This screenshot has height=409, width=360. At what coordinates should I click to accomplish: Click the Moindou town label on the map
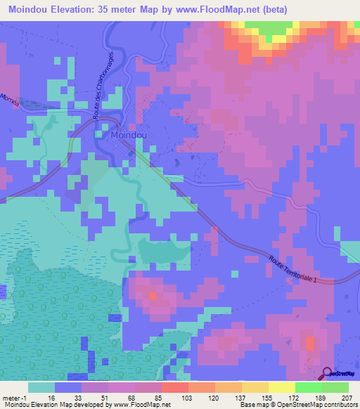(127, 134)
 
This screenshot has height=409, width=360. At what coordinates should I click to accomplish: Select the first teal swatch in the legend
(41, 387)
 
